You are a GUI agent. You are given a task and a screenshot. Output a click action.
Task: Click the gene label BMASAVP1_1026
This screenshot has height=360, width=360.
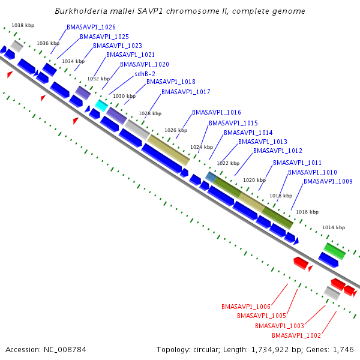click(91, 27)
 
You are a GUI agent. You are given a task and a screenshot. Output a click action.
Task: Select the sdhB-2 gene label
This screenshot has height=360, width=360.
click(145, 74)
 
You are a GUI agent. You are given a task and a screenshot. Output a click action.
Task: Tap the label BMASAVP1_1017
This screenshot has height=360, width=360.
click(186, 92)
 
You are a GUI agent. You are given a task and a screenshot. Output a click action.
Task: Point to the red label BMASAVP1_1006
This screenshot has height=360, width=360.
click(246, 307)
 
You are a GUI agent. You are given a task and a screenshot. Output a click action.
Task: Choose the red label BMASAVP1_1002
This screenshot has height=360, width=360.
click(296, 335)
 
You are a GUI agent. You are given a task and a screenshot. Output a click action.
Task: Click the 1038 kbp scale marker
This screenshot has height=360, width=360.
click(23, 25)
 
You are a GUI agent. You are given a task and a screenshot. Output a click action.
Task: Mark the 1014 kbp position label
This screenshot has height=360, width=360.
click(334, 227)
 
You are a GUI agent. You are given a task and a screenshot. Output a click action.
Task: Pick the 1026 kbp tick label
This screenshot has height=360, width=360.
click(176, 130)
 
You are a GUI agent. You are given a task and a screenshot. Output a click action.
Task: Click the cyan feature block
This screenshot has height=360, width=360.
click(101, 106)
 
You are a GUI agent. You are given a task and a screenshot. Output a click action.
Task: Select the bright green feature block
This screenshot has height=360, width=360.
click(335, 251)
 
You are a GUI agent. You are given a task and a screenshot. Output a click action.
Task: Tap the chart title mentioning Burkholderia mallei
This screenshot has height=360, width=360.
click(180, 11)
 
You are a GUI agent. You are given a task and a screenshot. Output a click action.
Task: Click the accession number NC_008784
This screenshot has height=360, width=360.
click(65, 350)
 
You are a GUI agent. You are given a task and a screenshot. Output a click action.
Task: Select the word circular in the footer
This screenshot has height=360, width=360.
click(206, 350)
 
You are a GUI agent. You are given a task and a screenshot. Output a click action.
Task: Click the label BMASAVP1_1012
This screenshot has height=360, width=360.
click(278, 151)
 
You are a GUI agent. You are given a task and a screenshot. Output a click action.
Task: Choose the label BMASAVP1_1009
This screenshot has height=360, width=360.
click(328, 181)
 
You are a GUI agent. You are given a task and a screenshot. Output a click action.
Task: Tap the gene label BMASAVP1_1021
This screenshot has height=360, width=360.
click(130, 55)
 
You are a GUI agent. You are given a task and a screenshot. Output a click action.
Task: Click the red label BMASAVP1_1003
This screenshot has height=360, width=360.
click(280, 326)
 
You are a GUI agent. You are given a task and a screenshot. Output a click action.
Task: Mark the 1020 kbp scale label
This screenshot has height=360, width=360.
click(254, 180)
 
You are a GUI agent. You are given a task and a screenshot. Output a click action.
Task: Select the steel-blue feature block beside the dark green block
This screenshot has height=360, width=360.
click(211, 177)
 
